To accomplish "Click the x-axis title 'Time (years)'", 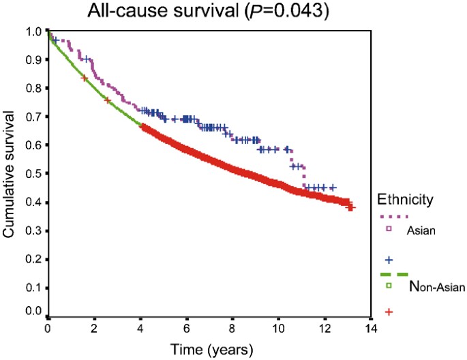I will tap(207, 350).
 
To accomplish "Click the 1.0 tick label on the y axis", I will tap(32, 31).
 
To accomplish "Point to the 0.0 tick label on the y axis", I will tap(32, 311).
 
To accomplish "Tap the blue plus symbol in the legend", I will tap(389, 260).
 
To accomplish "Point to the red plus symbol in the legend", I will tap(389, 312).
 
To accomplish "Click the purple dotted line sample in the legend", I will tap(392, 217).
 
